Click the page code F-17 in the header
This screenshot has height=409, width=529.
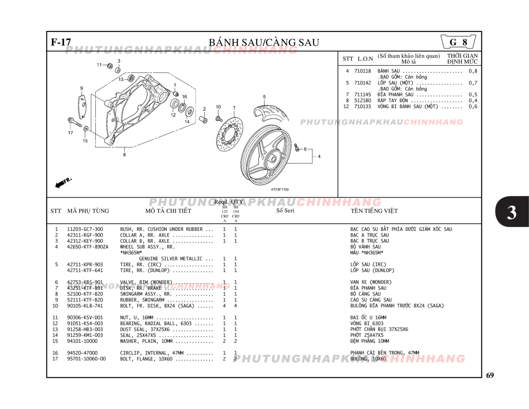pos(61,42)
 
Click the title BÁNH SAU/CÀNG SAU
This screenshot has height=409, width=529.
pos(264,42)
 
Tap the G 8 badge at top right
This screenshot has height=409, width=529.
pos(458,42)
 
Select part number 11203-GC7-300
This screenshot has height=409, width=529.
pos(85,229)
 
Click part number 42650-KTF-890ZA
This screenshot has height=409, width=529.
pos(87,247)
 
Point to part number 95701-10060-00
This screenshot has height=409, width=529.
pos(86,359)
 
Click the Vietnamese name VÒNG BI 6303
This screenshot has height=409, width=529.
pos(367,323)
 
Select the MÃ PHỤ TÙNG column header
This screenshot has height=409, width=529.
pos(88,211)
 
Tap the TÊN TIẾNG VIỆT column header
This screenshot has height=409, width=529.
pos(374,211)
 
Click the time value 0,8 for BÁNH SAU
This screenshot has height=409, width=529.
pos(473,71)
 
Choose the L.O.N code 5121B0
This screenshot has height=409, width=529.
pos(363,101)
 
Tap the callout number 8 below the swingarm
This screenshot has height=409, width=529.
pos(124,155)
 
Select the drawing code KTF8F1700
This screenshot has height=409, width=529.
pos(280,189)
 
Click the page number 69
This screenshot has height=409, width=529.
pos(490,375)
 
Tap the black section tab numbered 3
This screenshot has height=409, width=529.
pos(512,212)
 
